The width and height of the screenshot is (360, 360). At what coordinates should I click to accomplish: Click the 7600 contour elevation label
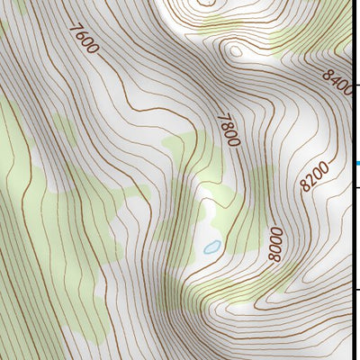[x=82, y=39]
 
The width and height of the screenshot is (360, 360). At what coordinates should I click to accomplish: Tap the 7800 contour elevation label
[x=229, y=130]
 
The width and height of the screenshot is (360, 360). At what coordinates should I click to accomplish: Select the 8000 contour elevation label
[x=275, y=244]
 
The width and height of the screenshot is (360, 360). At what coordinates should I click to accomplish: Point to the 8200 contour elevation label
[x=315, y=176]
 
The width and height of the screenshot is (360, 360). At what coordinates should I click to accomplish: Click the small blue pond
[x=211, y=247]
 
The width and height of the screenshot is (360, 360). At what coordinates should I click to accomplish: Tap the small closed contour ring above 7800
[x=236, y=50]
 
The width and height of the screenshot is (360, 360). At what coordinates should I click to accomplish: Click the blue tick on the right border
[x=357, y=163]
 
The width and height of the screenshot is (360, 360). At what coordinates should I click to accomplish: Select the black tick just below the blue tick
[x=357, y=186]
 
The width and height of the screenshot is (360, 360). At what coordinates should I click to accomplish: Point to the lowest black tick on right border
[x=357, y=290]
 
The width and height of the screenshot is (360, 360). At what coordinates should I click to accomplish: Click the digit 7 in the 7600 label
[x=72, y=29]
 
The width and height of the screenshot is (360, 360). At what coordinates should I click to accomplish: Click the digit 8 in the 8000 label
[x=275, y=256]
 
